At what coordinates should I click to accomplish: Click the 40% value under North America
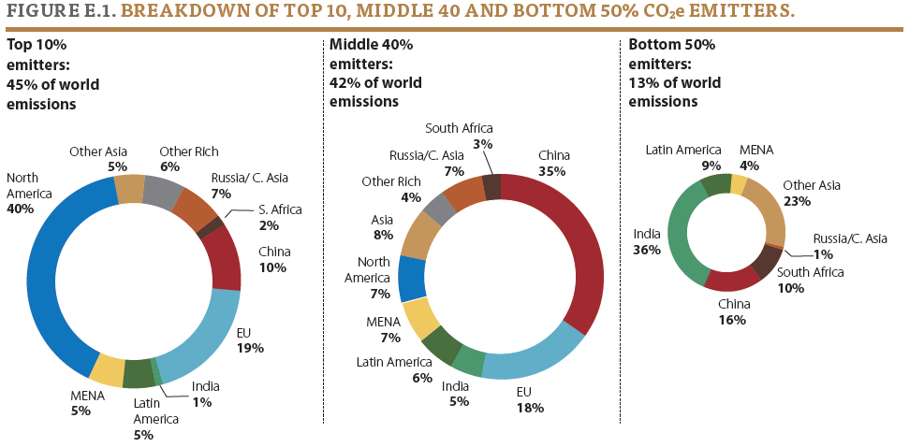20,209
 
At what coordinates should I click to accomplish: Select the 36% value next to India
647,250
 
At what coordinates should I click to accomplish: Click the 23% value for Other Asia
797,201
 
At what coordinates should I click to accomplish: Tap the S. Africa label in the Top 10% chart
280,209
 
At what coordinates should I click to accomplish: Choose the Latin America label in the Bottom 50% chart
683,151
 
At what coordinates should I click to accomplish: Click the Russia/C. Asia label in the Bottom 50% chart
850,238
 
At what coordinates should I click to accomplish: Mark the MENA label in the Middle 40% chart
383,322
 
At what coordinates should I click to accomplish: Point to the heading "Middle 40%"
372,44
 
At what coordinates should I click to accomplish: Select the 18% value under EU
531,408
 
